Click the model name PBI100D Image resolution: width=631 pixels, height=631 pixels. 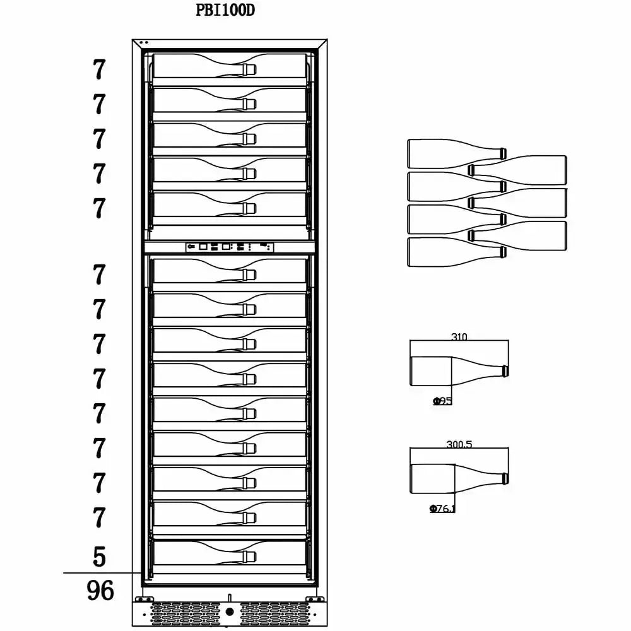click(x=226, y=11)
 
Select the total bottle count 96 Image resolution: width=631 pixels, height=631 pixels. click(x=100, y=591)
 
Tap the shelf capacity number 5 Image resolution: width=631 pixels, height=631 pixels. click(x=99, y=557)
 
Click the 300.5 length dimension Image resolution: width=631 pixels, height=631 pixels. click(x=459, y=444)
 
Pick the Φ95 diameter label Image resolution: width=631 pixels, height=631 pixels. click(x=442, y=401)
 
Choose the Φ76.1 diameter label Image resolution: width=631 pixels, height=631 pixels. click(x=442, y=508)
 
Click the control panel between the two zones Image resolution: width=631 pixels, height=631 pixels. click(x=230, y=247)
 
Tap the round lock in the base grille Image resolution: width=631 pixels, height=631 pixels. click(x=230, y=611)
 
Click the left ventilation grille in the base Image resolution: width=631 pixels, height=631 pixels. click(x=183, y=612)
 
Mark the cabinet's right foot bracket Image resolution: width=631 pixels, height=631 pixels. click(x=310, y=598)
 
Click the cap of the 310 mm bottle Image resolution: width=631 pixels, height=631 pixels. click(x=504, y=370)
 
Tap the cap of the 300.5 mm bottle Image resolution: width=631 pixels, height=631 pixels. click(x=504, y=478)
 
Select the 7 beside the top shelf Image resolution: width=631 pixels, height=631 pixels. click(x=98, y=70)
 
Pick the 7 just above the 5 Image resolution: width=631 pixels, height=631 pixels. click(x=98, y=517)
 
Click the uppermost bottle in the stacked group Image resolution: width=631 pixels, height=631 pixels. click(x=456, y=153)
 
